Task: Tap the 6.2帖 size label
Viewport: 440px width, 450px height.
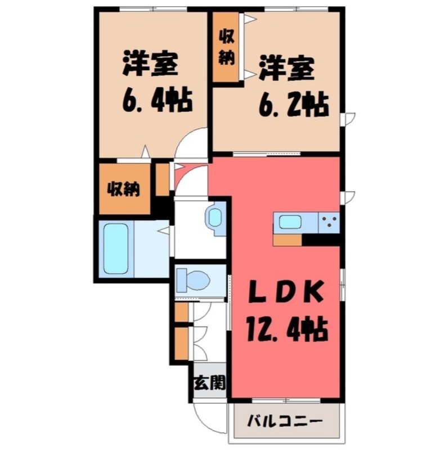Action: (293, 104)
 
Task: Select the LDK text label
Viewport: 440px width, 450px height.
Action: (286, 292)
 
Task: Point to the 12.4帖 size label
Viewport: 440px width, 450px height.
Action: (286, 327)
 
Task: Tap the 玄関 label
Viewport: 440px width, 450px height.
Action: (210, 384)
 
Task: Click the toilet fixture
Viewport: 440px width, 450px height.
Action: (192, 278)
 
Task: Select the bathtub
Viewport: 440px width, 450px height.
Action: (116, 247)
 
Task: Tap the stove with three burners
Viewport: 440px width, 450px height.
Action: (329, 222)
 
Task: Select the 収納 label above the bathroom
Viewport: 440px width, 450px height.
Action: (124, 189)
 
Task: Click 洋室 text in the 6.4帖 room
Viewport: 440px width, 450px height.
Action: (150, 65)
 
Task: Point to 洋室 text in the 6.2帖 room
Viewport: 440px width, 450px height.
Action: (286, 69)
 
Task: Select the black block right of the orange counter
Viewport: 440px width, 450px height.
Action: (321, 240)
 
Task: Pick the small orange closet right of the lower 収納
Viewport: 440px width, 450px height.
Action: (161, 178)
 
